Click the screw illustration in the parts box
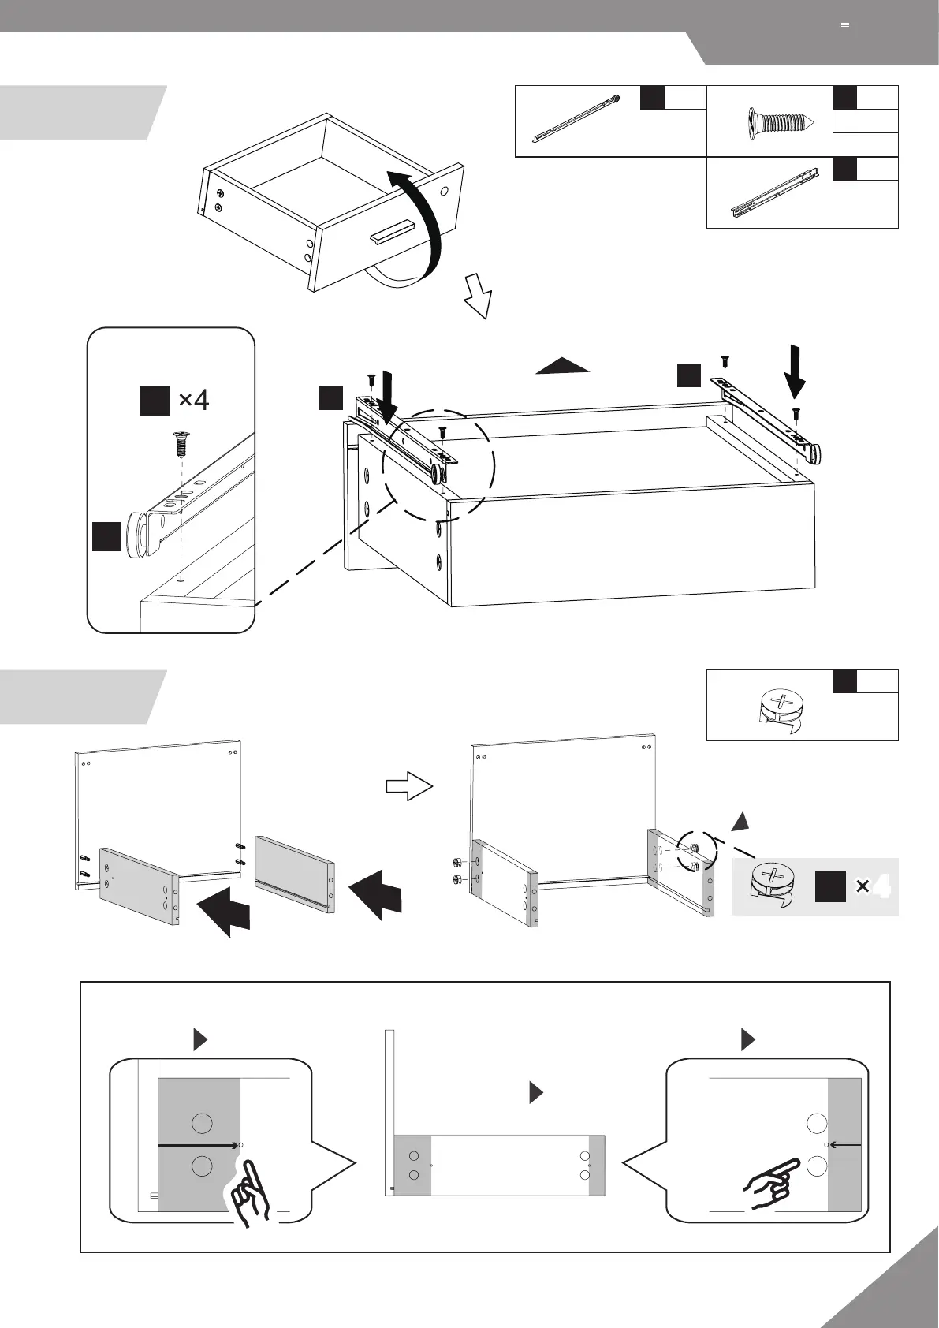click(778, 122)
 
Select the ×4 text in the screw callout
click(193, 400)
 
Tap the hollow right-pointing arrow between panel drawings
click(409, 787)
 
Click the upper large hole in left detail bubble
click(202, 1123)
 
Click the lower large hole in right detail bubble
click(817, 1165)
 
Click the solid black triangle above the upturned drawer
click(562, 365)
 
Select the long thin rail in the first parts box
click(576, 118)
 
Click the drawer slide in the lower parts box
click(775, 192)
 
